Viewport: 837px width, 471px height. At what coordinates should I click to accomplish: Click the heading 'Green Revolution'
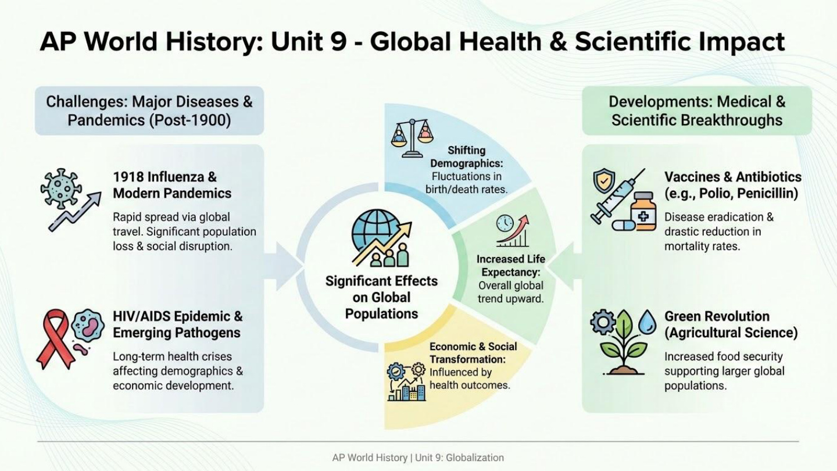click(x=717, y=316)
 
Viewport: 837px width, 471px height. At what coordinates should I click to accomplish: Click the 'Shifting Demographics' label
click(x=466, y=157)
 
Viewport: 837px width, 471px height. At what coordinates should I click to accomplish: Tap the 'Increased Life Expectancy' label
click(x=510, y=265)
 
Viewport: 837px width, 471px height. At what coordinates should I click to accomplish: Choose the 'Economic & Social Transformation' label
click(x=473, y=352)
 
